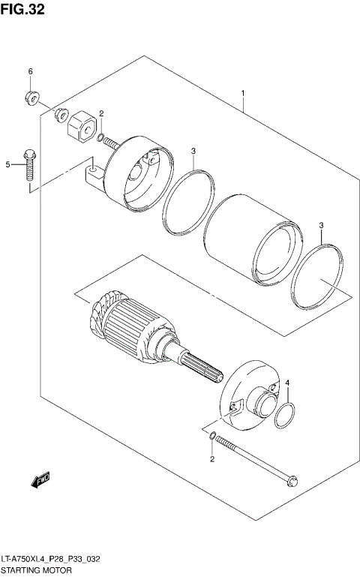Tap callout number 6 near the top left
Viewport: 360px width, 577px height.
point(31,71)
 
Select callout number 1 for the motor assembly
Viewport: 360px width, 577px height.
point(243,93)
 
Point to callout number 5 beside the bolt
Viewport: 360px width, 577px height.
point(10,164)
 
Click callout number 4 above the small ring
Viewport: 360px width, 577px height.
point(287,384)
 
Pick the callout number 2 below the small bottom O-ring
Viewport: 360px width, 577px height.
point(212,459)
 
